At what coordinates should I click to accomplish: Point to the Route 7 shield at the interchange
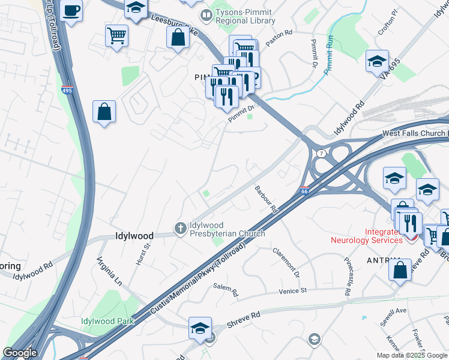[x=322, y=154]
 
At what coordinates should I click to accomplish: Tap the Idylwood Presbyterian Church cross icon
[x=179, y=228]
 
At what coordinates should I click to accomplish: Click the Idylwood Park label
[x=107, y=321]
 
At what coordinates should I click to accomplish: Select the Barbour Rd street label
[x=265, y=200]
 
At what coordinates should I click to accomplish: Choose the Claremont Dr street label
[x=286, y=263]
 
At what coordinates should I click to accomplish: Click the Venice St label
[x=292, y=290]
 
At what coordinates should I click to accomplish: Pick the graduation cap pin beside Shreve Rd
[x=200, y=328]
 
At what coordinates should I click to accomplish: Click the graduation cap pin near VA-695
[x=377, y=61]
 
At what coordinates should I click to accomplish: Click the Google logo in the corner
[x=19, y=353]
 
